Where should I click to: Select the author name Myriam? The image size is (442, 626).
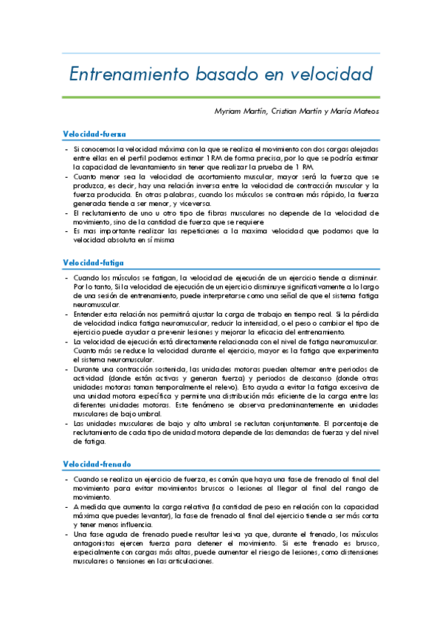click(230, 111)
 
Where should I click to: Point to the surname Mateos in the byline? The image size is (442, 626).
click(363, 111)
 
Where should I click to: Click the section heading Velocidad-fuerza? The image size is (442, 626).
click(94, 134)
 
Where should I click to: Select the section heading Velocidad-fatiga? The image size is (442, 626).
click(93, 262)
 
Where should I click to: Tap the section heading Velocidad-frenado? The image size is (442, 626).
click(97, 464)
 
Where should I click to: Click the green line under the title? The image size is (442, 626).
click(221, 97)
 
